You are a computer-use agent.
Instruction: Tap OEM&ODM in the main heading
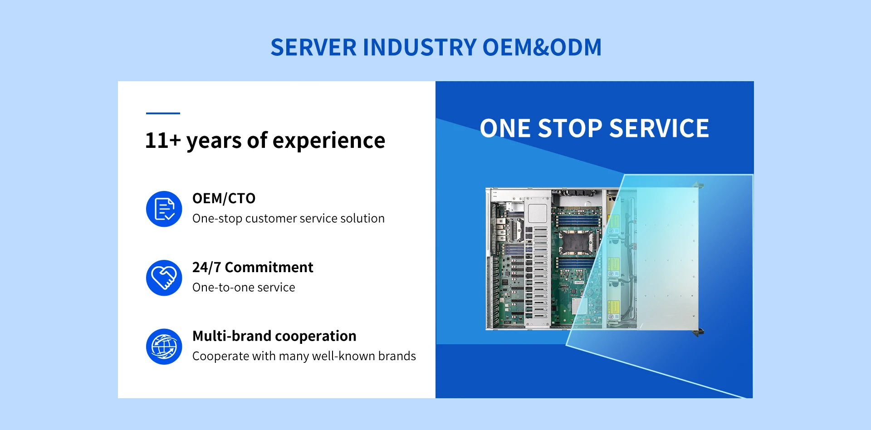(x=542, y=48)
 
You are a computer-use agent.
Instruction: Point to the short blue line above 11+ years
(x=163, y=113)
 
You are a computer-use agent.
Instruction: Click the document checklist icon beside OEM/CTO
(x=164, y=209)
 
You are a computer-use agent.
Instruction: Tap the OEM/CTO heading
(x=224, y=198)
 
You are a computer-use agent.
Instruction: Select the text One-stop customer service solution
(x=289, y=218)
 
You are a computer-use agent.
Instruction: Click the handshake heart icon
(x=164, y=278)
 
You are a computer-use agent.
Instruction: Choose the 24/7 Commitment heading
(x=253, y=267)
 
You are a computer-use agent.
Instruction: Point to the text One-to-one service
(x=244, y=287)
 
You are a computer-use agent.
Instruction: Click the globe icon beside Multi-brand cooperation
(x=164, y=347)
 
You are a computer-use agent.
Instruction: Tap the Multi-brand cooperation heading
(x=274, y=336)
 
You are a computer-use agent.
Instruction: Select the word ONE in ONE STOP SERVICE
(x=505, y=128)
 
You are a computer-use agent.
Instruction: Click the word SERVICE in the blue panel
(x=659, y=128)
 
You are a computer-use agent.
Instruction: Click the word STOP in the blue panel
(x=570, y=128)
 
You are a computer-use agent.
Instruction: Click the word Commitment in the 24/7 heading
(x=269, y=267)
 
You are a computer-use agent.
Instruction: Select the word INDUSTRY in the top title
(x=420, y=48)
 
